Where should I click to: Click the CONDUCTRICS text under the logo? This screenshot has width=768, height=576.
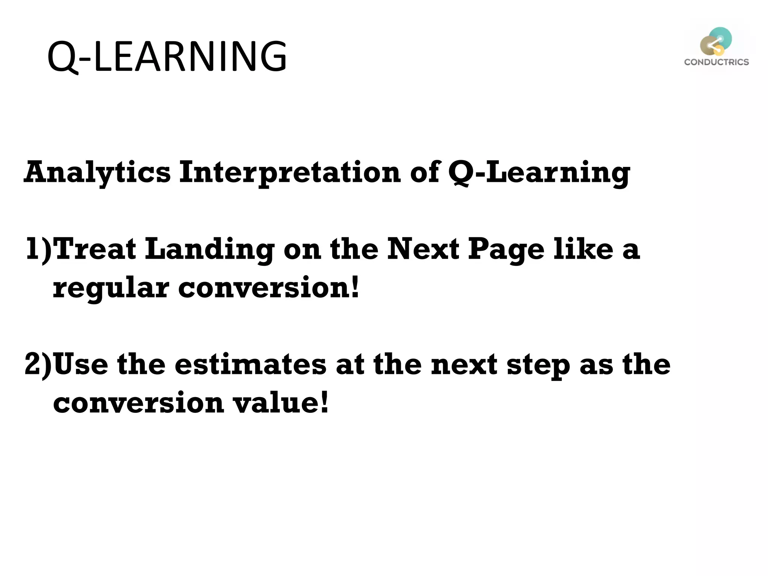click(x=716, y=62)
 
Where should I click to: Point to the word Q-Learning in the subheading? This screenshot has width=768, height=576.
click(x=539, y=172)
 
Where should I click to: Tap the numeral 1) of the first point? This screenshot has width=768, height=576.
click(x=39, y=249)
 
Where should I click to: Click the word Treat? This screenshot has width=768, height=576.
click(x=95, y=249)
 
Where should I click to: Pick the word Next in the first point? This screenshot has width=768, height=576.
click(x=423, y=249)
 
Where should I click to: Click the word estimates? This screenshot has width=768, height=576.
click(x=250, y=364)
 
